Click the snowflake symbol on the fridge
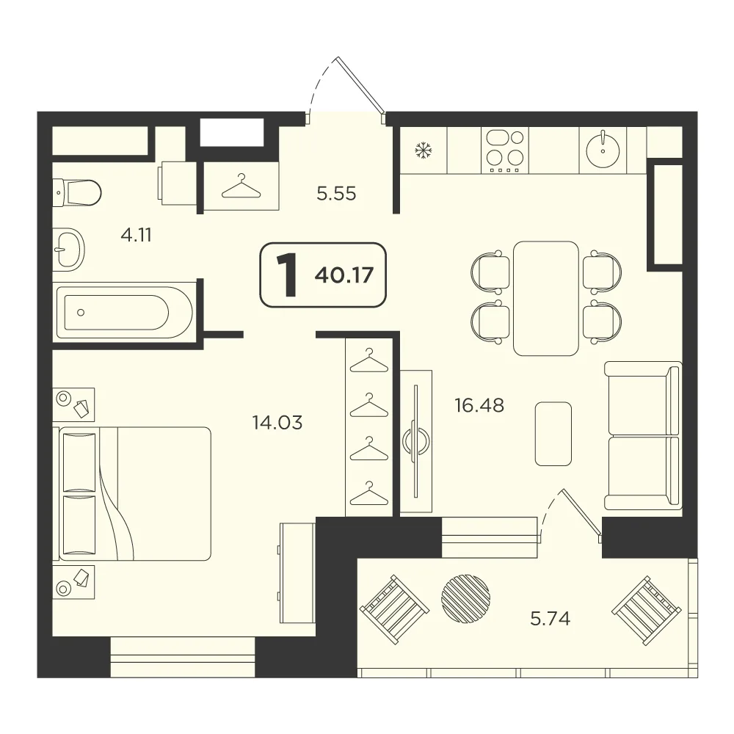[424, 150]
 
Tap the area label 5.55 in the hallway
[336, 193]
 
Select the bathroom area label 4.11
[137, 235]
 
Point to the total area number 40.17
[344, 275]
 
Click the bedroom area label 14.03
[277, 423]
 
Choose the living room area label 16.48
[479, 405]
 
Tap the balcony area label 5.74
[550, 619]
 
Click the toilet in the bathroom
[77, 192]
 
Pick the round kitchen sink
[603, 149]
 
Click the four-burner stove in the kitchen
[505, 150]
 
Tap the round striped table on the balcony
[466, 598]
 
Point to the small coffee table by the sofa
[553, 434]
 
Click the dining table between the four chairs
[546, 298]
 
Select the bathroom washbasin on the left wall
[68, 250]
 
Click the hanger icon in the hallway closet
[241, 186]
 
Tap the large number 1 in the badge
[287, 275]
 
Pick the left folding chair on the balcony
[395, 609]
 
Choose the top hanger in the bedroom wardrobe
[369, 360]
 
